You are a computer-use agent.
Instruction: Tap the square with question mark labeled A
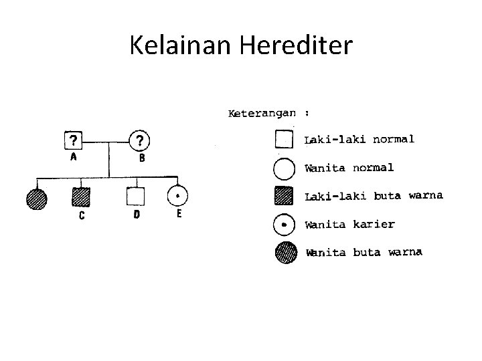coord(72,141)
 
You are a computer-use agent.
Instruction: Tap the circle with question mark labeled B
coord(139,141)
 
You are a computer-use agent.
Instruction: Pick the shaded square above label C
coord(81,197)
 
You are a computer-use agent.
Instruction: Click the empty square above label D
coord(136,197)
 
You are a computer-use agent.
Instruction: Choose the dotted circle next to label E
coord(177,196)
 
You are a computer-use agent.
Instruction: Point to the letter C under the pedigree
coord(82,217)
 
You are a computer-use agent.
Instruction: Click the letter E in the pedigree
coord(179,215)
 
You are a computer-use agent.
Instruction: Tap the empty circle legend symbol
coord(284,168)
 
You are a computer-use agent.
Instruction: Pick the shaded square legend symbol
coord(284,197)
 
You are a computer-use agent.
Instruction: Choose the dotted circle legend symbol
coord(284,225)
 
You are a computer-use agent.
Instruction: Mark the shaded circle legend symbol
coord(284,253)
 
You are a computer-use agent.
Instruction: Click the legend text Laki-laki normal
coord(359,140)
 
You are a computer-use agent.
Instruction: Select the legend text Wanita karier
coord(349,225)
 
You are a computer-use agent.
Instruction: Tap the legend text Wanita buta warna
coord(364,253)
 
